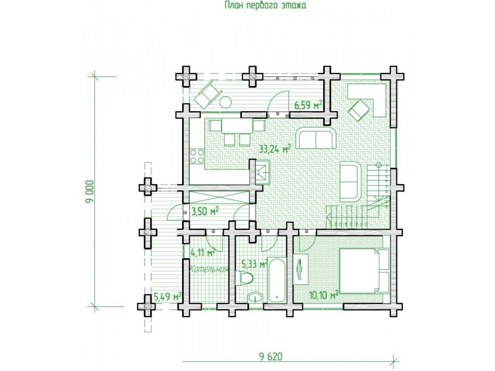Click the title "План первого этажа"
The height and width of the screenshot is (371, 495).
pyautogui.click(x=265, y=5)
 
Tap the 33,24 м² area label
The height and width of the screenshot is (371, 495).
pyautogui.click(x=275, y=148)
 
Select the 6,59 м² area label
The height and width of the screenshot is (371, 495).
pyautogui.click(x=308, y=105)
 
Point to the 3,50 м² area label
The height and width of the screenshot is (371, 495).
pyautogui.click(x=205, y=211)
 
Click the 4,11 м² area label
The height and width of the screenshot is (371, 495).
pyautogui.click(x=203, y=252)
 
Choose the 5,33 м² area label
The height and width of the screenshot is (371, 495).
pyautogui.click(x=255, y=264)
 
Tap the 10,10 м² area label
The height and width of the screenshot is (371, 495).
pyautogui.click(x=324, y=295)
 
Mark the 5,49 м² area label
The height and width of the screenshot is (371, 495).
pyautogui.click(x=168, y=296)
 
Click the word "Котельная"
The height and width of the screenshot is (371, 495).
pyautogui.click(x=209, y=269)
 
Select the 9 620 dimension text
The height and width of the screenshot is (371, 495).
pyautogui.click(x=271, y=357)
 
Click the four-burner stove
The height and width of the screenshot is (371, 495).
pyautogui.click(x=197, y=156)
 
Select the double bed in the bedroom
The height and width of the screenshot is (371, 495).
pyautogui.click(x=364, y=271)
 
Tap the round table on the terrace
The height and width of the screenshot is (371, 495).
pyautogui.click(x=225, y=102)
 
